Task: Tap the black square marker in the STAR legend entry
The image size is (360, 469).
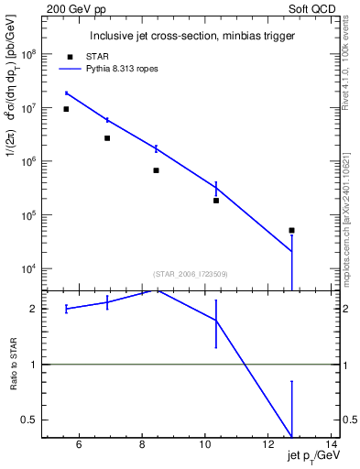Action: coord(71,57)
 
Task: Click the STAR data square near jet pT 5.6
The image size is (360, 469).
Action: coord(66,109)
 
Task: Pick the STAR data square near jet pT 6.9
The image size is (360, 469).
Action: coord(107,138)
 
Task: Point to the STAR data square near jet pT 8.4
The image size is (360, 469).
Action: coord(156,170)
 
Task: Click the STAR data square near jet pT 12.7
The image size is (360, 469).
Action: coord(291,230)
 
